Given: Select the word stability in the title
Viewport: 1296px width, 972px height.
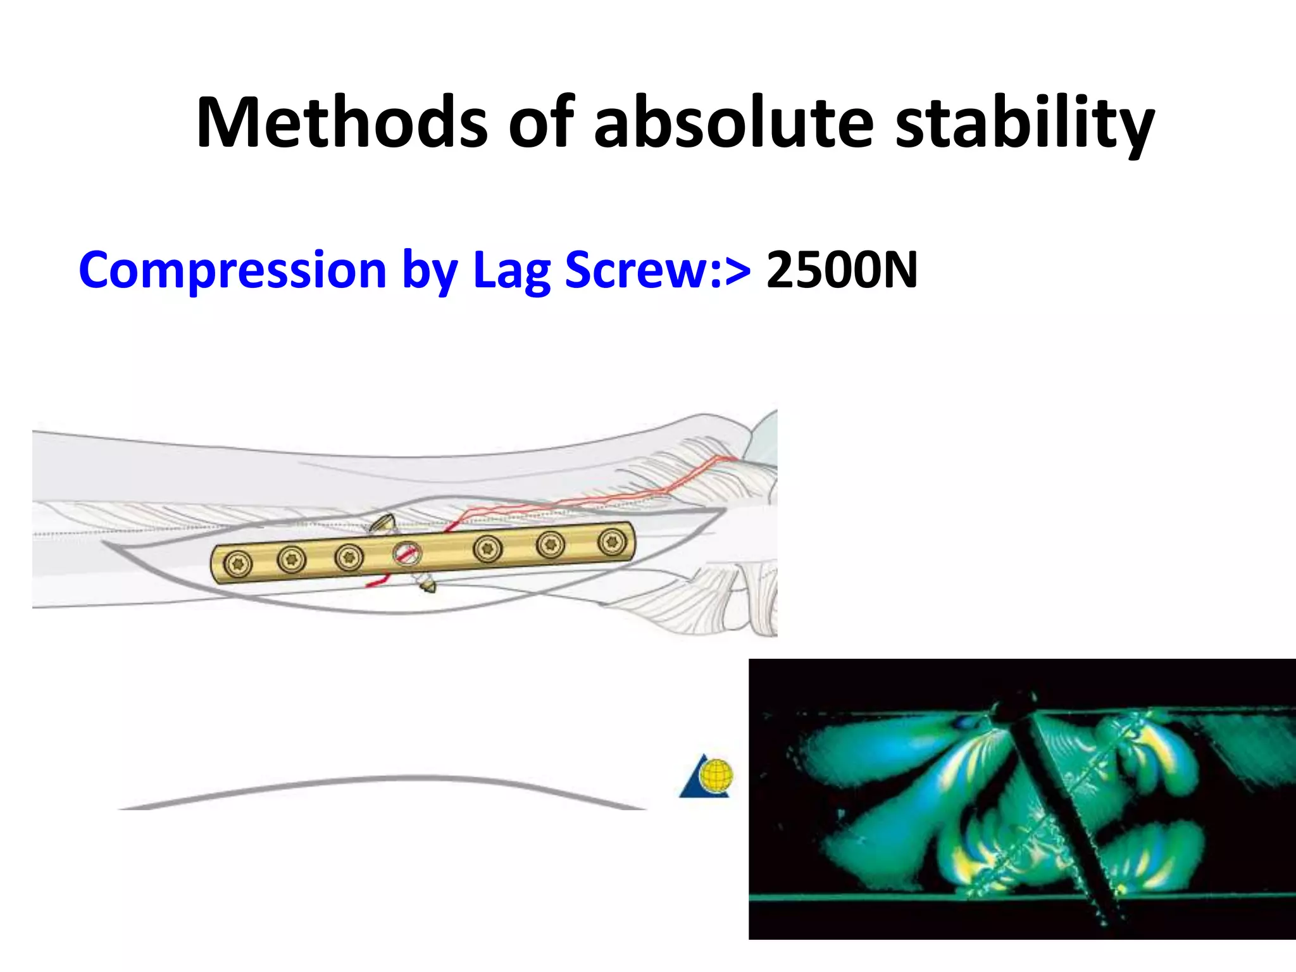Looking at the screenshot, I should pos(1025,123).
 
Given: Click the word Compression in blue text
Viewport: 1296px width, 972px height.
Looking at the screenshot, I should pos(232,271).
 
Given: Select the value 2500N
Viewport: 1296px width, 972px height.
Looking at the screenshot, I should pos(842,270).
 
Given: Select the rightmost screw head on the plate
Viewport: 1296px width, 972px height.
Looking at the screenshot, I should pos(612,542).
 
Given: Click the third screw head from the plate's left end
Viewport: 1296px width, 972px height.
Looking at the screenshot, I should pos(349,557).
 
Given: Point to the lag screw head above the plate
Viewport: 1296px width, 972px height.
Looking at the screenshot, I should pos(383,523).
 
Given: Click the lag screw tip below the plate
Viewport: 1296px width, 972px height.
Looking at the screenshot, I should pos(428,587).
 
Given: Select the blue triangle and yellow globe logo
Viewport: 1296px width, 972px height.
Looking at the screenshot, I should pos(707,776).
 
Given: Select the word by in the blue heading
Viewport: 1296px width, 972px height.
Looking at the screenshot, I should pos(430,271).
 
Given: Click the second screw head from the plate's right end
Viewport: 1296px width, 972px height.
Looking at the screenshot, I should pos(550,544).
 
